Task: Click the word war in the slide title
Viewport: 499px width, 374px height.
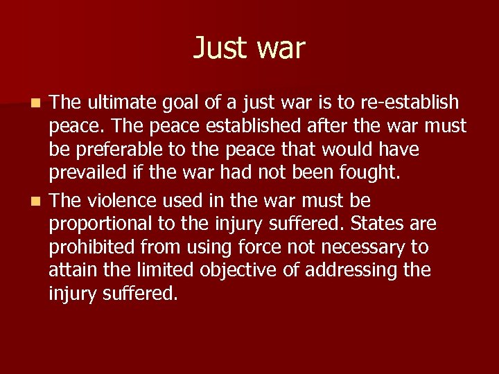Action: point(280,48)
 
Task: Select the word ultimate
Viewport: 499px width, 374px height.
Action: point(130,103)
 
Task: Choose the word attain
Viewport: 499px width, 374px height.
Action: point(71,270)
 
